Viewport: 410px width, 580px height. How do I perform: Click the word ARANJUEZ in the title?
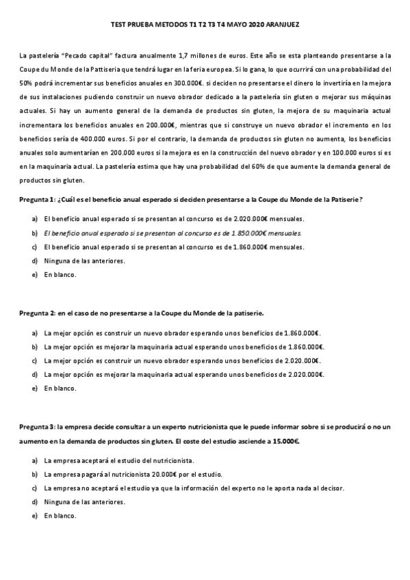point(281,24)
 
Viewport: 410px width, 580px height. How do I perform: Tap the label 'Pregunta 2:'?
point(37,313)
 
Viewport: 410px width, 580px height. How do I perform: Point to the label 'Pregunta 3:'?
point(37,427)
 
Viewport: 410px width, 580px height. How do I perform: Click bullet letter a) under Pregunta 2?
point(34,332)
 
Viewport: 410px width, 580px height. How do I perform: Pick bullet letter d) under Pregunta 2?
point(34,375)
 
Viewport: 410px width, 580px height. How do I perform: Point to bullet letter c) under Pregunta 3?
point(34,488)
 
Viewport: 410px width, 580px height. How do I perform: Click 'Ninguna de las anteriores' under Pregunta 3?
point(85,502)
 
